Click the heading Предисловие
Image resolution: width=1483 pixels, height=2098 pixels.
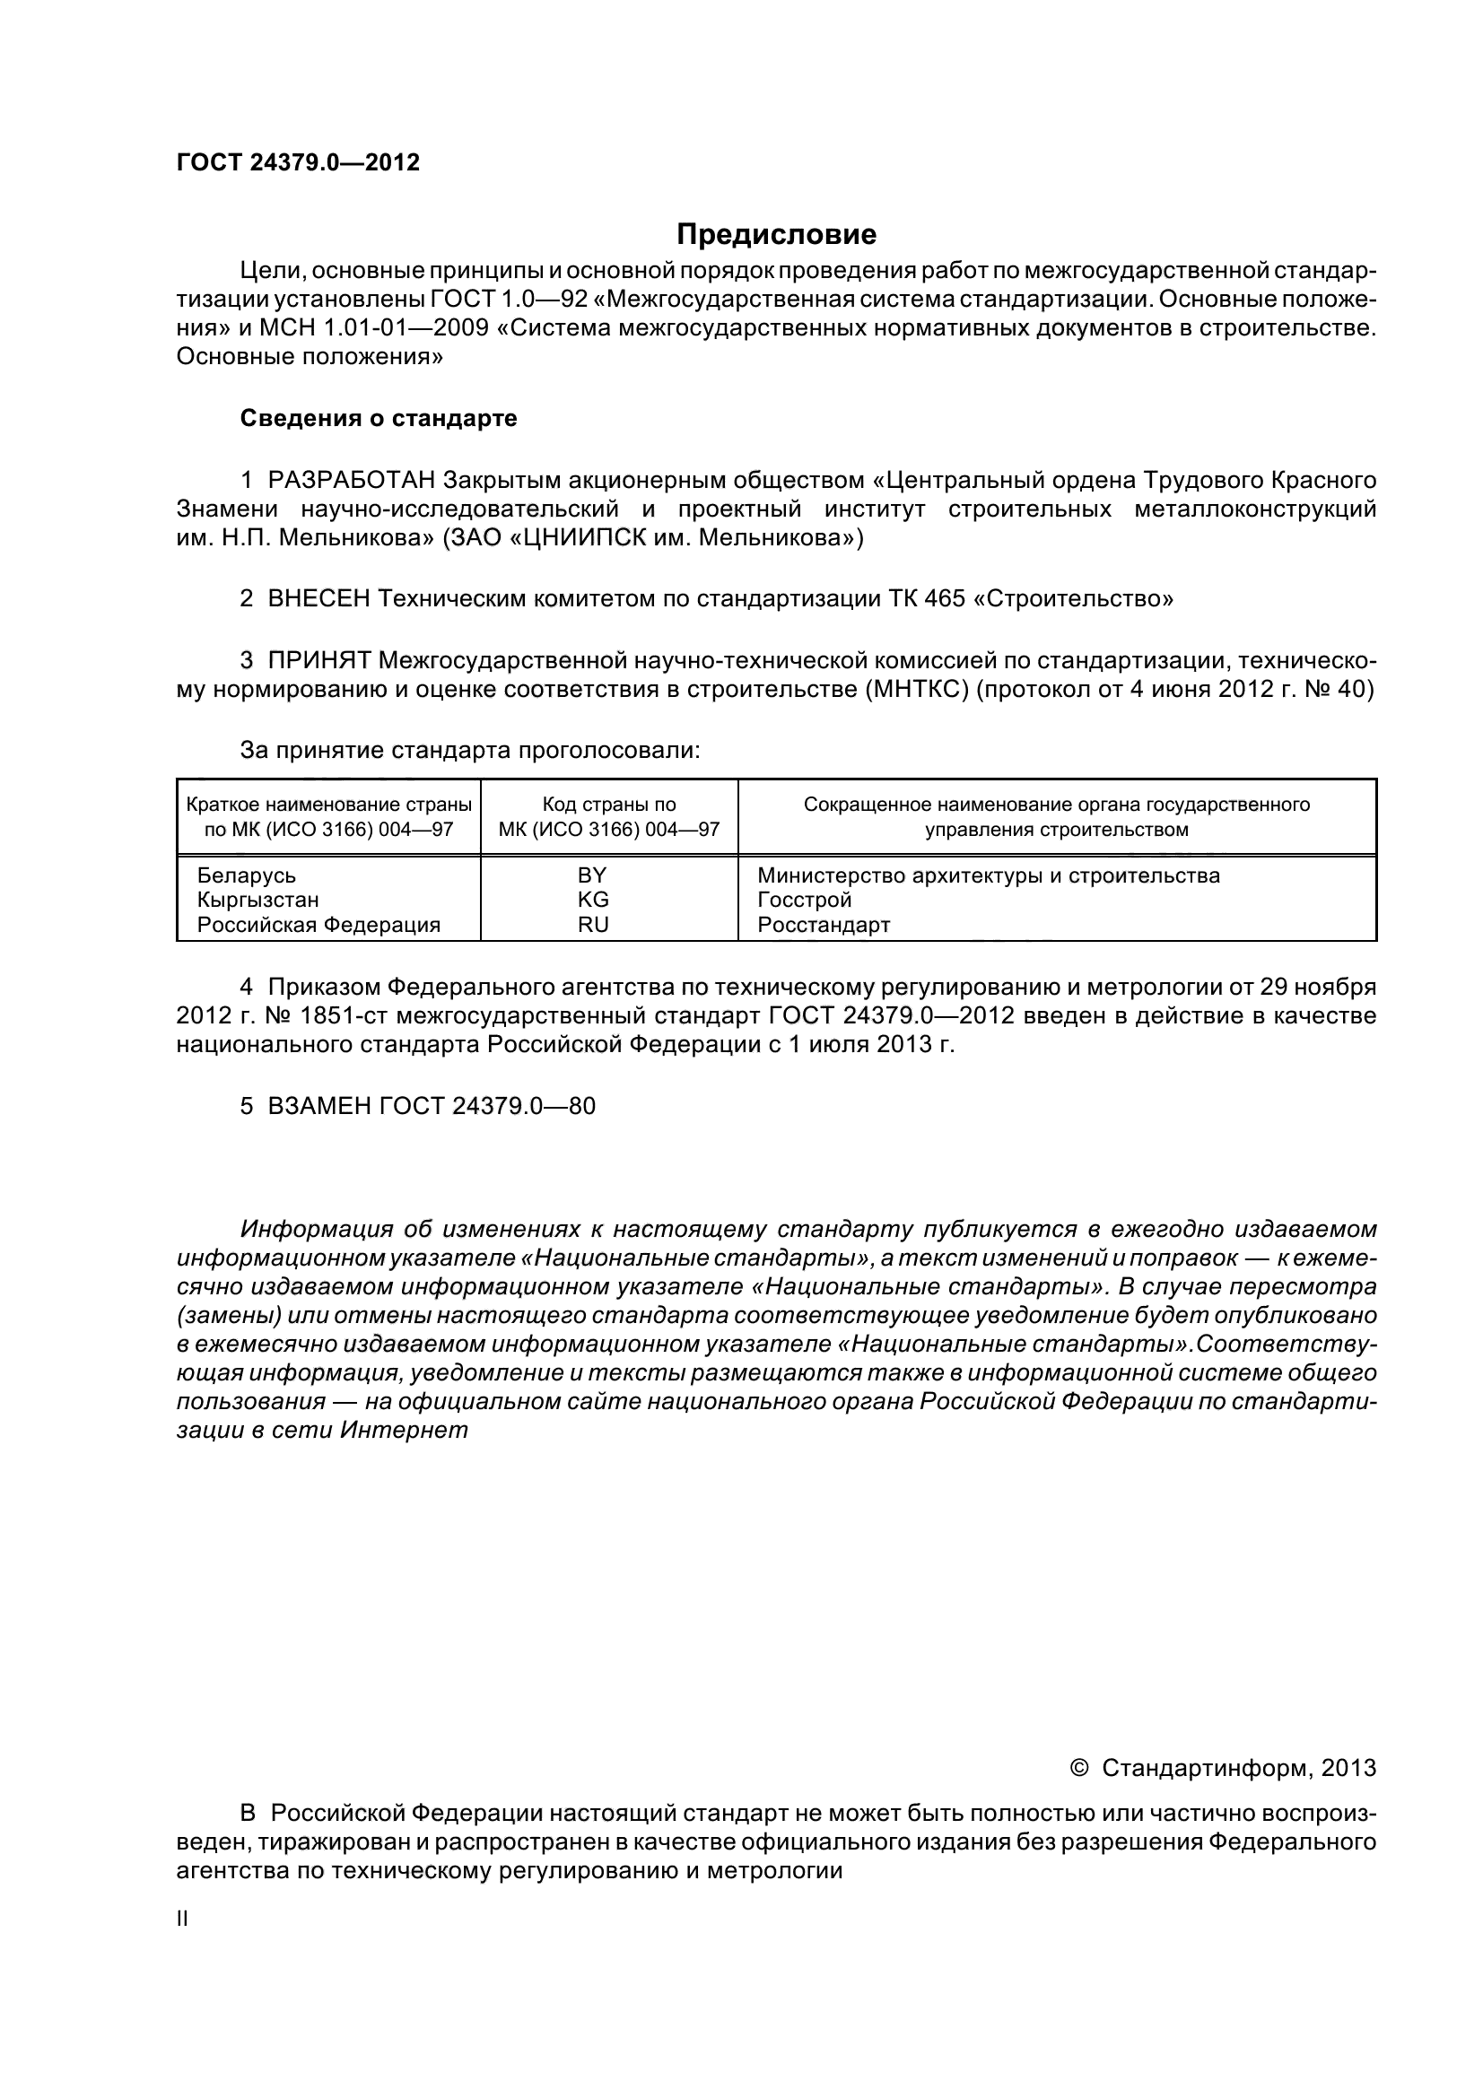pos(776,235)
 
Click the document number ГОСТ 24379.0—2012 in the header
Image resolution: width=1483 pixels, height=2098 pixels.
pos(298,162)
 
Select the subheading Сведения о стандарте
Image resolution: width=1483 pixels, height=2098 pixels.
pos(379,419)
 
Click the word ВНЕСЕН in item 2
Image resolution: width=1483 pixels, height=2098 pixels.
pos(318,598)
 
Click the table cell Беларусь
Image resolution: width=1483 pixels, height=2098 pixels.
pos(247,875)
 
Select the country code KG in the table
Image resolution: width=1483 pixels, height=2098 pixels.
pos(593,899)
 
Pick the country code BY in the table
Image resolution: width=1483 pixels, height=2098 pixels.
pos(592,875)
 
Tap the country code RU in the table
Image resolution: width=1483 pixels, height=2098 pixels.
pos(593,924)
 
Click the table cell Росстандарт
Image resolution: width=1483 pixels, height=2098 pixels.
pos(824,924)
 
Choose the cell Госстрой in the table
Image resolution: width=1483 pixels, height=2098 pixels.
pos(804,899)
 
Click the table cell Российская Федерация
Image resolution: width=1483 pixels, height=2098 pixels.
pos(318,924)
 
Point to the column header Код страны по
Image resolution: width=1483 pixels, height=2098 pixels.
pos(609,804)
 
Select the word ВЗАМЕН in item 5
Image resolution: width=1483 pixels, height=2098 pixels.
pos(318,1106)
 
